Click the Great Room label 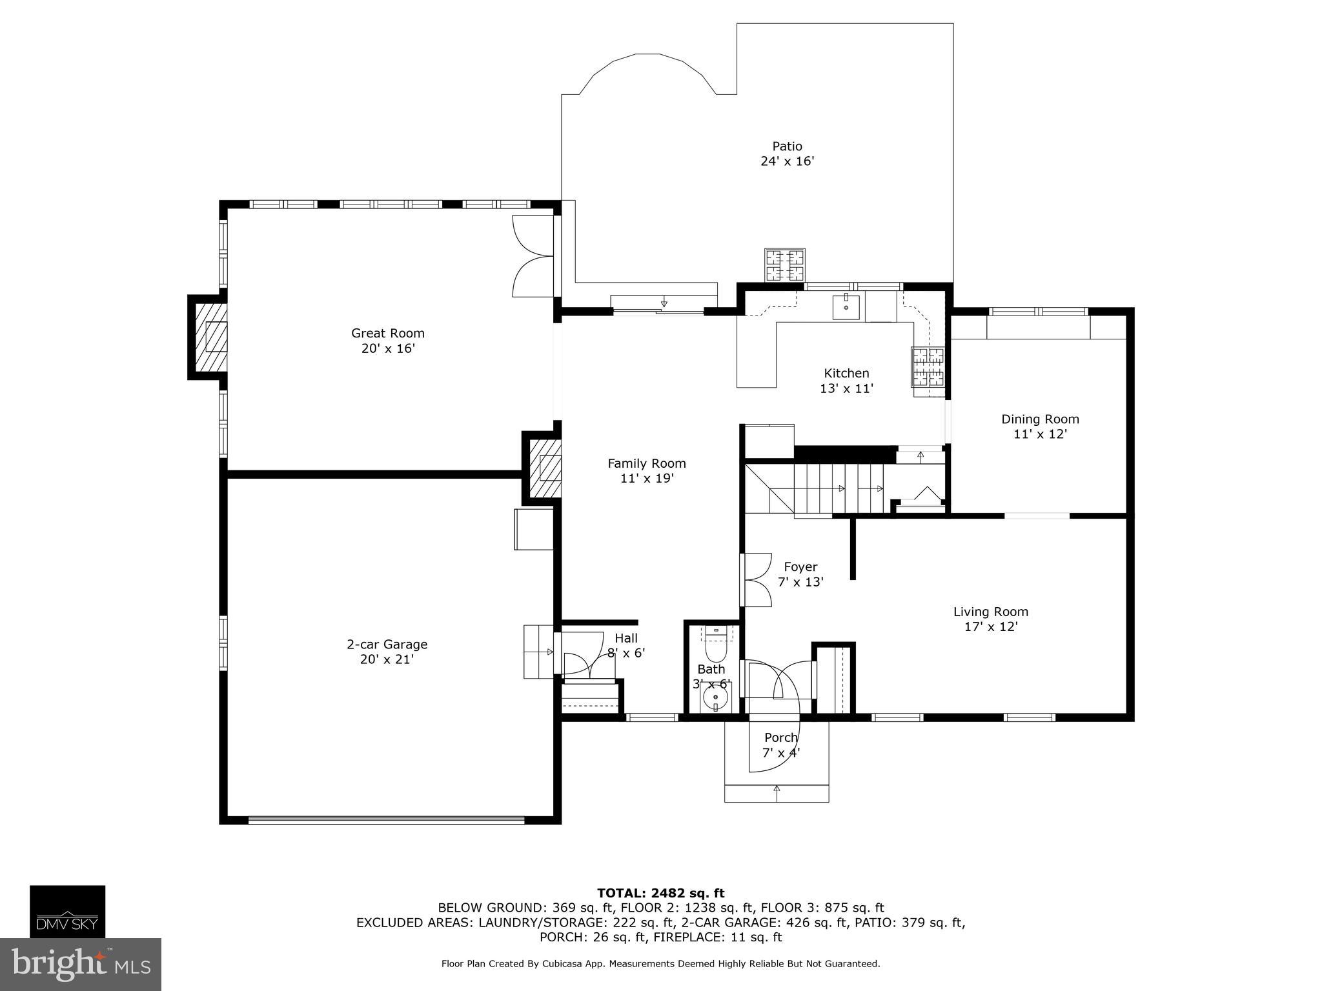[387, 341]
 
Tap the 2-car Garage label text [387, 651]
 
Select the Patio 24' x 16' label [787, 154]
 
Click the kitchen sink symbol [846, 306]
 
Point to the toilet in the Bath [715, 645]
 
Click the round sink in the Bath [715, 698]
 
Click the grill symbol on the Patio [785, 265]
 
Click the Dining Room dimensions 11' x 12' [1040, 434]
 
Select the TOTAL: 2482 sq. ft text [660, 893]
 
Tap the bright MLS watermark [81, 964]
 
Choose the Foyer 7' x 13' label [800, 574]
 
